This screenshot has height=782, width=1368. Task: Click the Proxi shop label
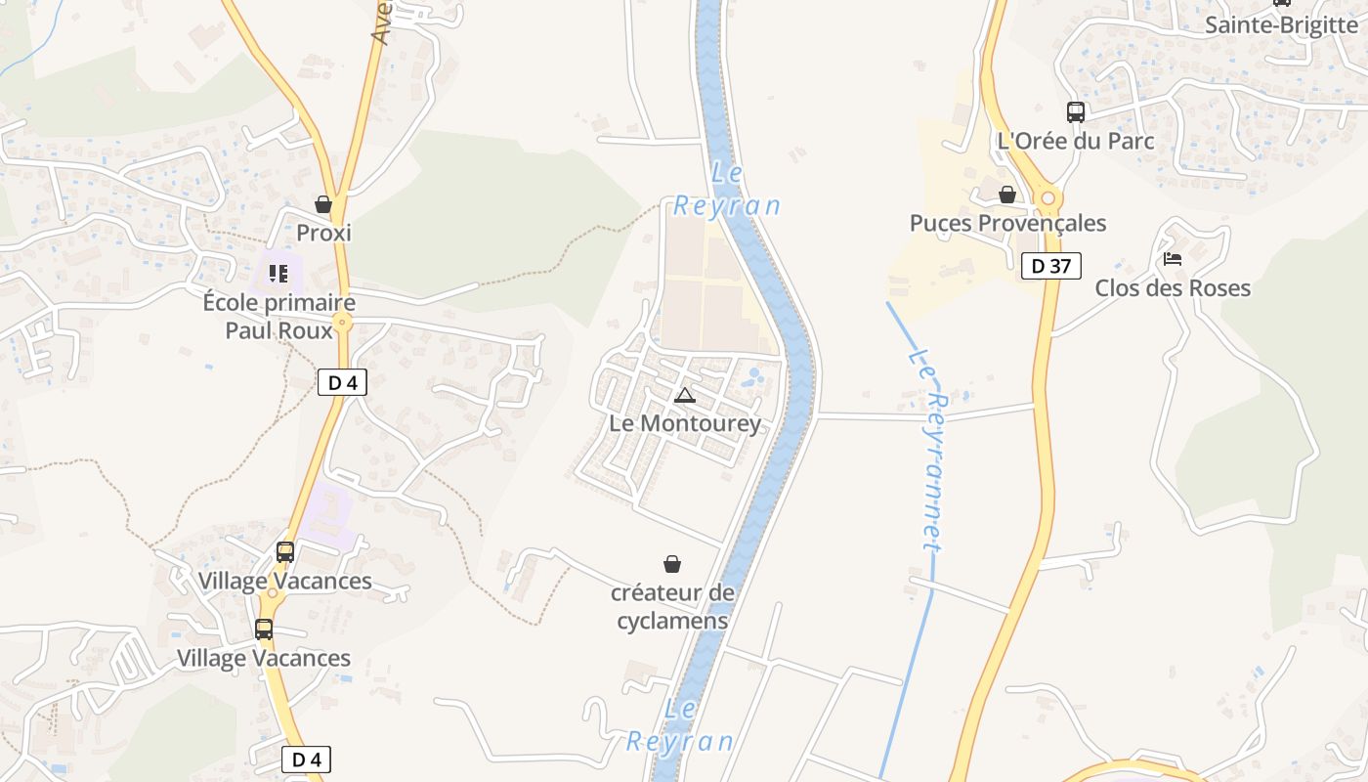tap(323, 233)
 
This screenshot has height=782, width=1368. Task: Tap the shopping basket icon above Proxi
tap(323, 204)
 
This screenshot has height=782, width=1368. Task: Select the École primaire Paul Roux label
tap(279, 316)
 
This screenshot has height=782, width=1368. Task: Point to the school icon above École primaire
tap(278, 274)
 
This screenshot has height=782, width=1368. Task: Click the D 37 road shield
tap(1051, 266)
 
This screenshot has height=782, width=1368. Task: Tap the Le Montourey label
tap(685, 423)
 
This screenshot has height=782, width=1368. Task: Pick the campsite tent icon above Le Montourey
tap(685, 395)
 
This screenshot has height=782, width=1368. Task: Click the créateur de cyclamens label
tap(672, 606)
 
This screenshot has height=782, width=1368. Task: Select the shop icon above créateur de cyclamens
tap(672, 564)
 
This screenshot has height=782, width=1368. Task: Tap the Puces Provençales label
tap(1007, 223)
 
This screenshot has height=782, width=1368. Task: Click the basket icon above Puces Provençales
tap(1007, 195)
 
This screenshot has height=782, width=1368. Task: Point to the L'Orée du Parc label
tap(1076, 140)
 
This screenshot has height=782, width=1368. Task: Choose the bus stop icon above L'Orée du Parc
tap(1076, 111)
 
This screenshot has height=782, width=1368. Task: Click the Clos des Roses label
tap(1173, 287)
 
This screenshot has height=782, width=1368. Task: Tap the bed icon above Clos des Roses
tap(1173, 259)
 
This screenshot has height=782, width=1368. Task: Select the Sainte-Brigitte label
tap(1281, 24)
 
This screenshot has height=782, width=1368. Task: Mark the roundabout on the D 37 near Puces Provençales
tap(1049, 198)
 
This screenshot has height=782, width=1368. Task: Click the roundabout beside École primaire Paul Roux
tap(342, 321)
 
